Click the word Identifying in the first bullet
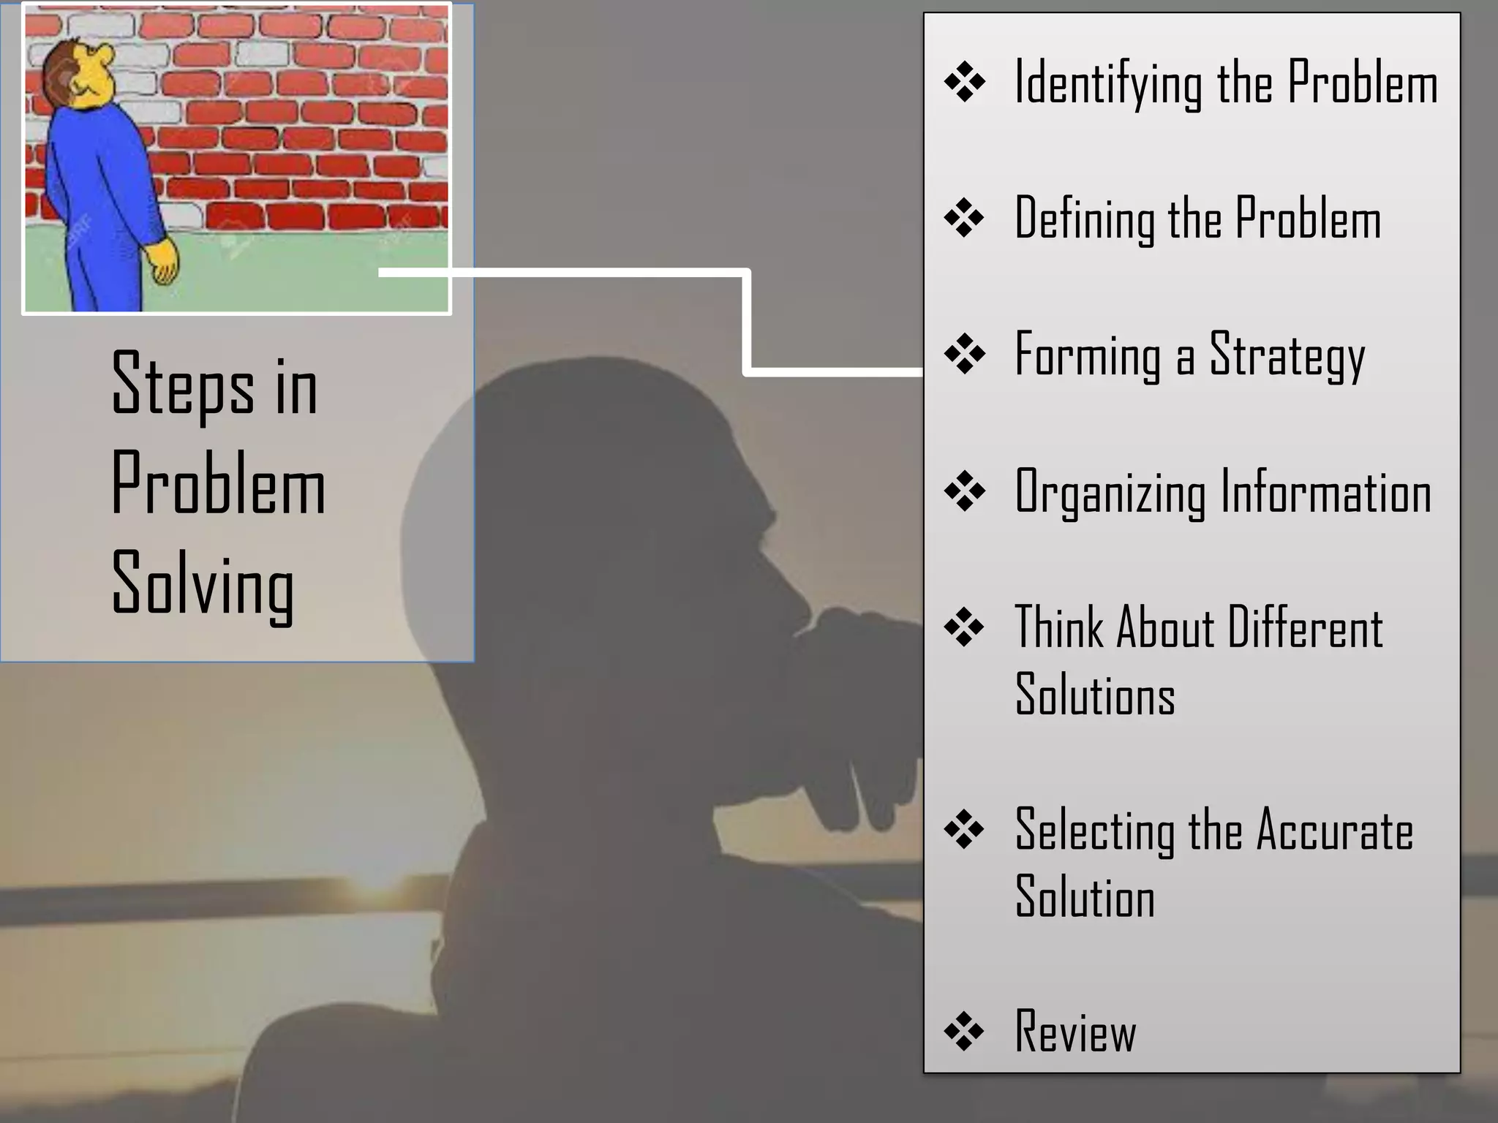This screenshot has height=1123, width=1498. (x=1107, y=83)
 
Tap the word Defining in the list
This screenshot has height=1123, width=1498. (x=1084, y=219)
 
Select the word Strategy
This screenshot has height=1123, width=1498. (x=1287, y=356)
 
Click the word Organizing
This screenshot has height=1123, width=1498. (x=1110, y=493)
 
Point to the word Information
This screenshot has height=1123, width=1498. (x=1325, y=493)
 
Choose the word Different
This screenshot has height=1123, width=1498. (x=1305, y=628)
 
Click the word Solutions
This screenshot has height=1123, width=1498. (x=1095, y=694)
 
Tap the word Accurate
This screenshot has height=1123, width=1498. (x=1334, y=831)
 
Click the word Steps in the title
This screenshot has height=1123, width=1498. (x=183, y=385)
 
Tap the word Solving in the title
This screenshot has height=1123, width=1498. (x=203, y=585)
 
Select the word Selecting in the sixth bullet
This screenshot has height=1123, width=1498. (x=1094, y=831)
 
